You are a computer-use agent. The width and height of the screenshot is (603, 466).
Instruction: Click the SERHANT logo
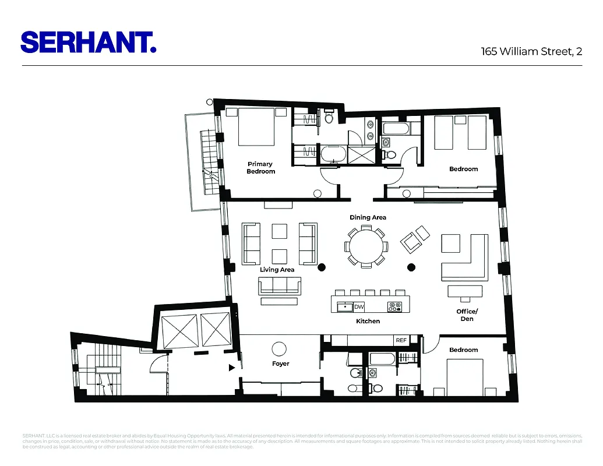coord(89,42)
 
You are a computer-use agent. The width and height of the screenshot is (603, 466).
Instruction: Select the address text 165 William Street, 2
coord(531,51)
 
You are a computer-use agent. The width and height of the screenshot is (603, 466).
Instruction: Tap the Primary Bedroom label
coord(260,168)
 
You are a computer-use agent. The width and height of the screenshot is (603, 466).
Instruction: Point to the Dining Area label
coord(368,217)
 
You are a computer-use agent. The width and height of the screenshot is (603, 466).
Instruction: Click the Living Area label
coord(277,270)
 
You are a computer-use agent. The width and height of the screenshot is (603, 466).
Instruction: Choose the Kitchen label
coord(368,321)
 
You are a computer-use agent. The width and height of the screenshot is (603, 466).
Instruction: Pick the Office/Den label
coord(467,315)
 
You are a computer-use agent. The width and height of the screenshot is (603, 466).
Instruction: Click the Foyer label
coord(280,364)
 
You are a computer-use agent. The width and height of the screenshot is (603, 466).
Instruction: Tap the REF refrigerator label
coord(401,340)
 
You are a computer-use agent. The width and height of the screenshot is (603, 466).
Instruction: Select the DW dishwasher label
coord(359,306)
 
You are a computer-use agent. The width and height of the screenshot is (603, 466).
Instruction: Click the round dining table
coord(366,248)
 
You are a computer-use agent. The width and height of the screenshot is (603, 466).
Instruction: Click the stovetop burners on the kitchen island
coord(395,306)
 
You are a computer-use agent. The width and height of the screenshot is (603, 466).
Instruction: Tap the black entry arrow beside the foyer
coord(232,368)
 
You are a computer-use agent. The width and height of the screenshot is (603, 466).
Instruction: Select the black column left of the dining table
coord(321,268)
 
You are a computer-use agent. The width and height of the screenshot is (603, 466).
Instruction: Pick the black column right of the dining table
coord(411,268)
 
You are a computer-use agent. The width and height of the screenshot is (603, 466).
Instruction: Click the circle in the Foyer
coord(280,348)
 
